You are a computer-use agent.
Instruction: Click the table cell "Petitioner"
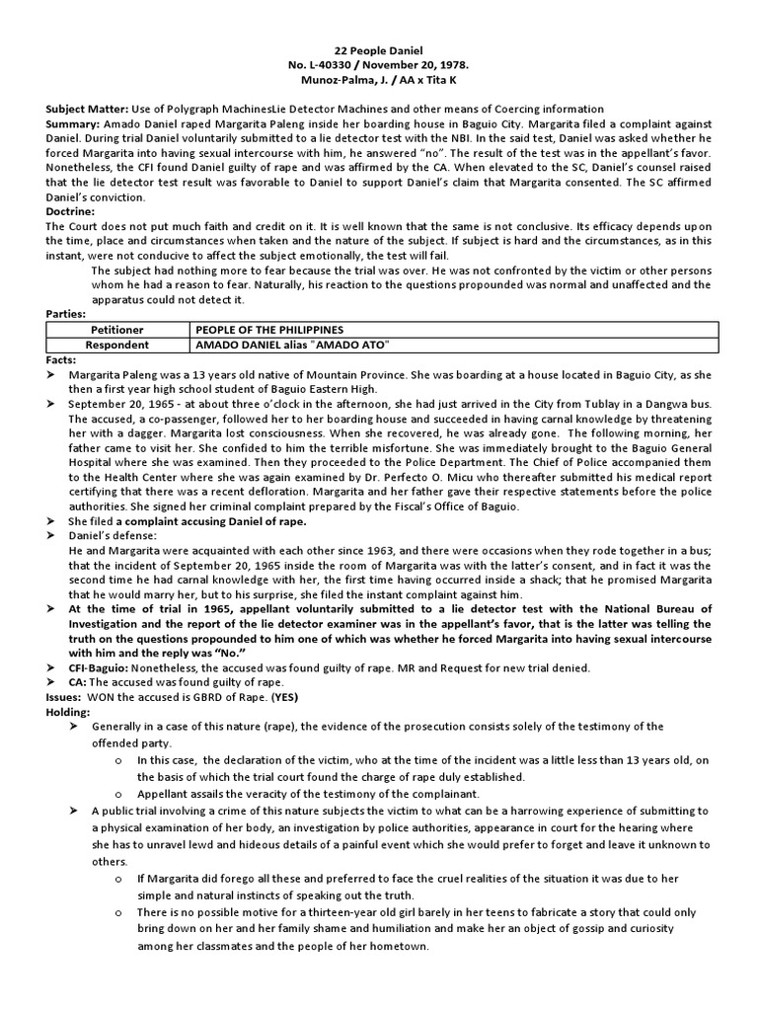[117, 329]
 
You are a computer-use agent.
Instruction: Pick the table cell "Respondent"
[117, 346]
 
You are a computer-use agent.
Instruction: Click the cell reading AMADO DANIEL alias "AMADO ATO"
[280, 346]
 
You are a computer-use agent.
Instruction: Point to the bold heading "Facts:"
[62, 361]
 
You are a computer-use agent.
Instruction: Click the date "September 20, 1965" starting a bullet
[116, 406]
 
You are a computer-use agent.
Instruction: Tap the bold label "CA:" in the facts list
[77, 682]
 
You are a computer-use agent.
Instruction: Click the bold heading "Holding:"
[68, 712]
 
